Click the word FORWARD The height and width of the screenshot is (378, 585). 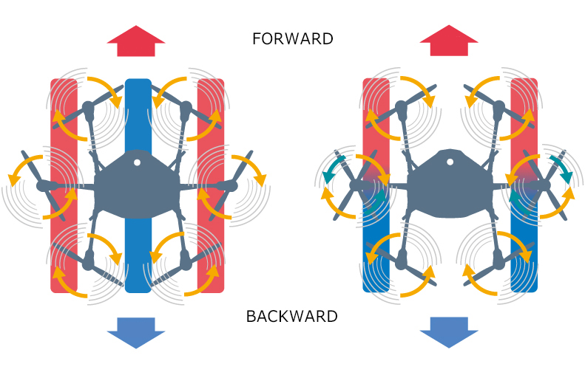point(292,39)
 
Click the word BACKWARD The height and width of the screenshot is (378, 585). point(292,317)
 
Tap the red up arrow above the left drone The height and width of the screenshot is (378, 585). point(137,41)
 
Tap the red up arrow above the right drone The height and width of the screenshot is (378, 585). point(449,41)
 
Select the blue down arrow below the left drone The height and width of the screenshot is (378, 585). point(137,333)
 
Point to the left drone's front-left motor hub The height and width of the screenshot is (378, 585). point(89,111)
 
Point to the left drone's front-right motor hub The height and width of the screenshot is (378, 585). point(185,111)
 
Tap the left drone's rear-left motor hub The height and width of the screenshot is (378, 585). point(89,259)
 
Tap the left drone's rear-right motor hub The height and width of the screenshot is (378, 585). point(185,259)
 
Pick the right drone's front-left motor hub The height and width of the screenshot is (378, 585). point(402,111)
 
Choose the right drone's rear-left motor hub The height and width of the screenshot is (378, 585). point(402,259)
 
